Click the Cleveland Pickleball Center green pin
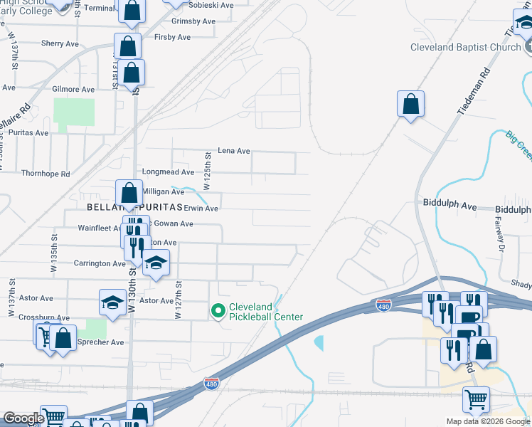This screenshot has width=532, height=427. click(x=218, y=311)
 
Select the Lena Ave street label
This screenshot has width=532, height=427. click(x=234, y=151)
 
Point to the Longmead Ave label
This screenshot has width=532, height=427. click(x=168, y=172)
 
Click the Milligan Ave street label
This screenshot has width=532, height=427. click(x=164, y=192)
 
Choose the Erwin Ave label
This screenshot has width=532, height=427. click(x=201, y=209)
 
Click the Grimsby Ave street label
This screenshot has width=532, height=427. click(x=193, y=21)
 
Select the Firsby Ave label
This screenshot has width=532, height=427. click(x=173, y=37)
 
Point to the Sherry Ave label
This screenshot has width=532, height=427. click(x=60, y=44)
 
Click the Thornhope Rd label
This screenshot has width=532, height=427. click(x=46, y=174)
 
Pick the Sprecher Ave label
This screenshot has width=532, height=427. click(x=100, y=342)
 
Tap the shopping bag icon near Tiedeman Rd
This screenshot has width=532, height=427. click(x=411, y=104)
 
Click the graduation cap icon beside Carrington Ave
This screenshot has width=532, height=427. click(x=156, y=263)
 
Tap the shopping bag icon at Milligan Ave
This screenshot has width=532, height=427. click(x=129, y=193)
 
